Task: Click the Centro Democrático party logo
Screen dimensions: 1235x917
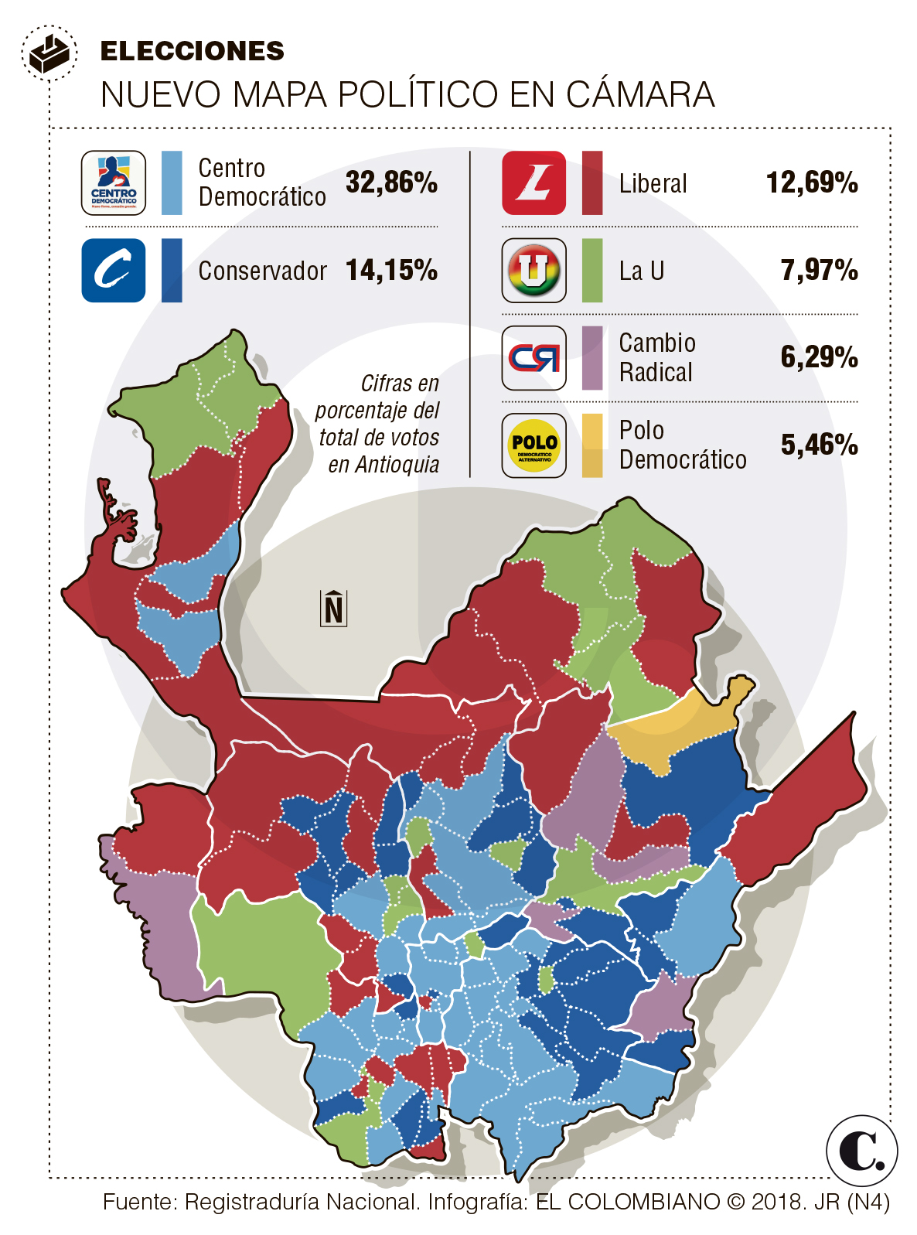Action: tap(114, 183)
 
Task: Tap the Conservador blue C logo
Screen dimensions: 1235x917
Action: tap(114, 271)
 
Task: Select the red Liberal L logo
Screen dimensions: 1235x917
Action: tap(533, 183)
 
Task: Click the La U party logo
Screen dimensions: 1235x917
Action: tap(533, 271)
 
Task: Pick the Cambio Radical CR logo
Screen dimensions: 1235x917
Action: tap(533, 358)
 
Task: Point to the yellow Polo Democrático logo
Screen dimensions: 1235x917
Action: tap(533, 445)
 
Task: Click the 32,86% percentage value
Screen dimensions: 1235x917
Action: tap(391, 183)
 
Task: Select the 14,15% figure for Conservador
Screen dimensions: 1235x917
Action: tap(391, 270)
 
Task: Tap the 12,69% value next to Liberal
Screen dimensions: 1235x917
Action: tap(812, 183)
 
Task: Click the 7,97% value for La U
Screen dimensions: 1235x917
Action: tap(819, 270)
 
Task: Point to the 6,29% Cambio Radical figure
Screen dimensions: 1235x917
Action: tap(819, 357)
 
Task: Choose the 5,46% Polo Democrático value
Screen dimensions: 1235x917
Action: tap(819, 445)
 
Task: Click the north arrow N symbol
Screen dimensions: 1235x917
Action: tap(334, 608)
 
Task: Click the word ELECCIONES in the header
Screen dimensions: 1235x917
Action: tap(193, 51)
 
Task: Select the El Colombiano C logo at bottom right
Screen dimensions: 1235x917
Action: tap(861, 1150)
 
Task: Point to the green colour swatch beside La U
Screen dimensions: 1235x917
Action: tap(592, 271)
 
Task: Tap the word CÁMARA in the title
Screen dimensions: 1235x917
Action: tap(640, 95)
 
